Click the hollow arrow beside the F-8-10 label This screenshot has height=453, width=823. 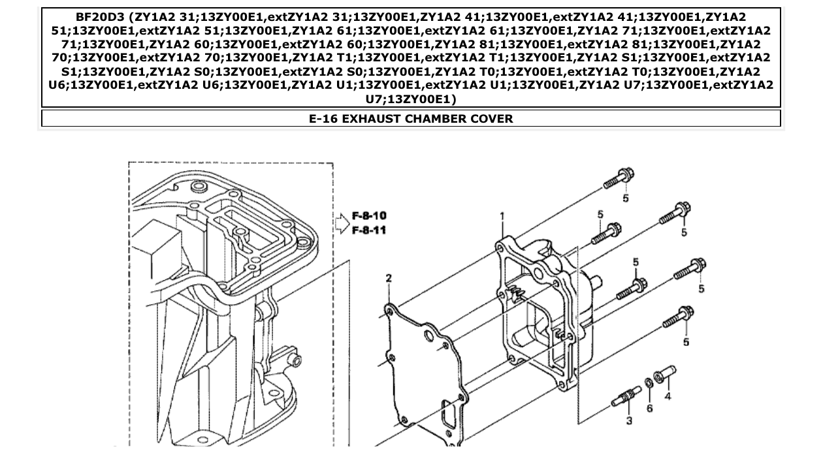(x=342, y=223)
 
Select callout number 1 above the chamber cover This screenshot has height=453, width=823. (x=502, y=216)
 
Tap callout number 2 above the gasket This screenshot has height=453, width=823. (x=389, y=279)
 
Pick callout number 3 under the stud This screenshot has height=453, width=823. (x=629, y=421)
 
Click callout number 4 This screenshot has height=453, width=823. (x=667, y=396)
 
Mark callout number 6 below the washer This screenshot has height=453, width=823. (x=649, y=408)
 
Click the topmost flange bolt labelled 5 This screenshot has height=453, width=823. (x=619, y=178)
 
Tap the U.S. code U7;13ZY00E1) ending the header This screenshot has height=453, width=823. (x=411, y=99)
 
